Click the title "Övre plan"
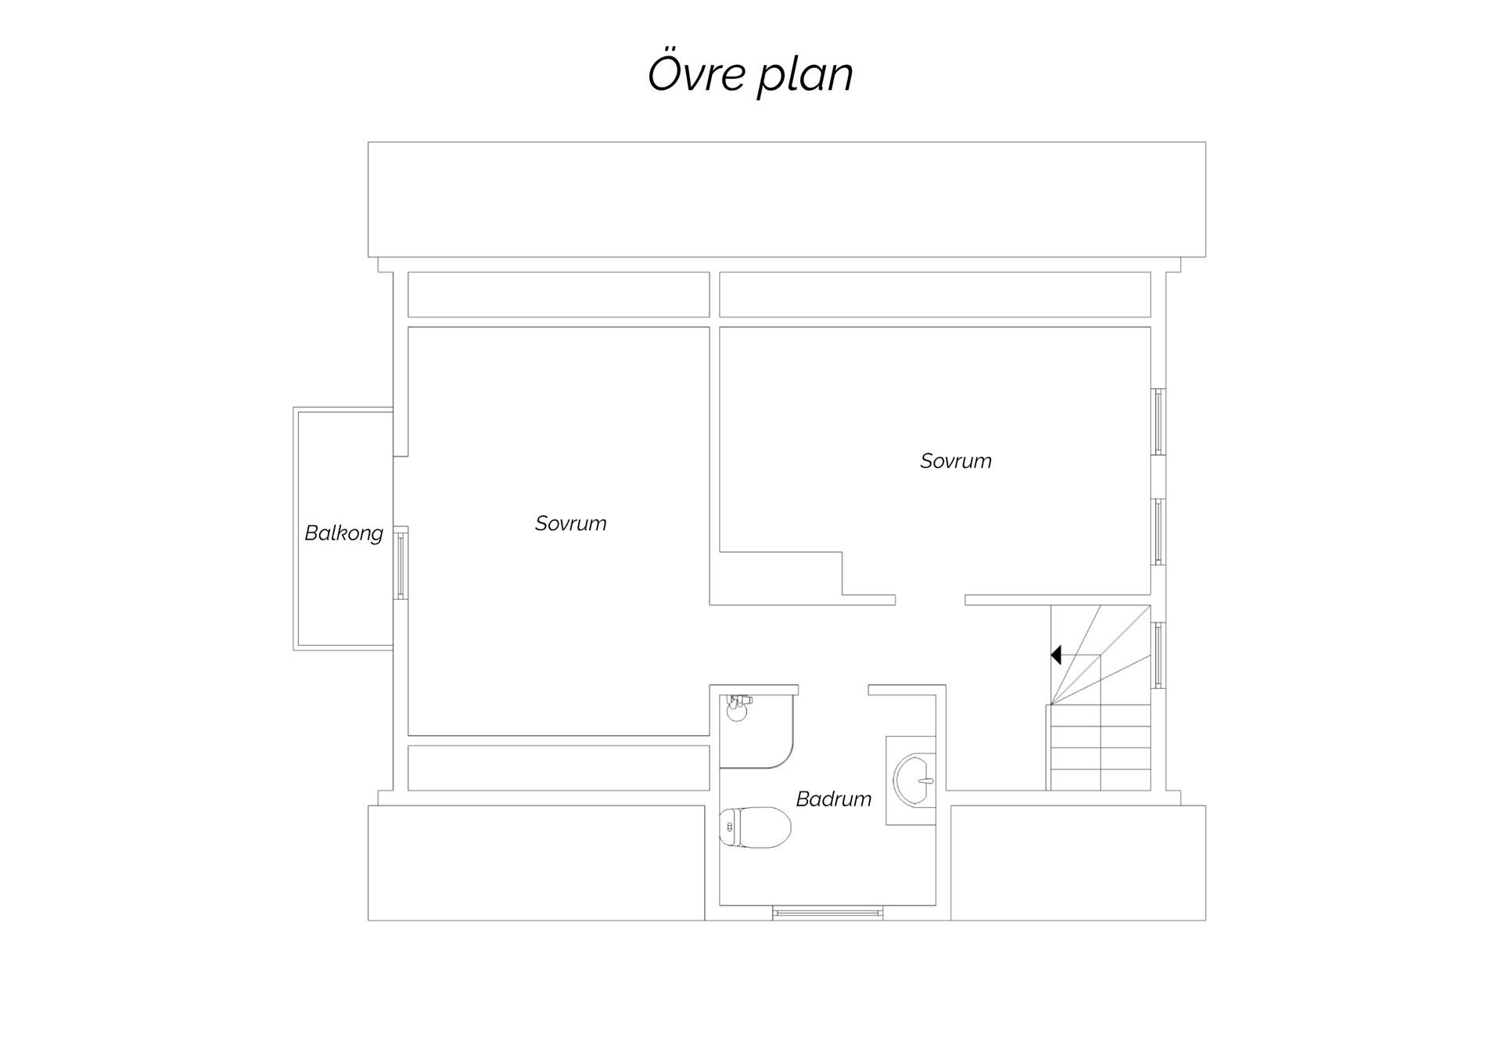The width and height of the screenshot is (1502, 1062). (750, 74)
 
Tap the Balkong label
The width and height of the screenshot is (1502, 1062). (343, 533)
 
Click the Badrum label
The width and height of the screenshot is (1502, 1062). (833, 799)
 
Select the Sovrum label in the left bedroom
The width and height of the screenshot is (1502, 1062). (570, 523)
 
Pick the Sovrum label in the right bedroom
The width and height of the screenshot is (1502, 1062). (955, 461)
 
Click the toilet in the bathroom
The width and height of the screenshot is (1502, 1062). (755, 827)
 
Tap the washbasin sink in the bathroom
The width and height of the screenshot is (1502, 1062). (914, 780)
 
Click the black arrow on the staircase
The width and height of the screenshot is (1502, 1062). (1055, 655)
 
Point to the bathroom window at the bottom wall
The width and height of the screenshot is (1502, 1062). (828, 912)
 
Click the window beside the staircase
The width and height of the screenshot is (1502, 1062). (1158, 655)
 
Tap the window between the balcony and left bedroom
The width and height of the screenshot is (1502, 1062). (401, 563)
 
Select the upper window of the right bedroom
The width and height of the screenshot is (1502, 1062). (1158, 422)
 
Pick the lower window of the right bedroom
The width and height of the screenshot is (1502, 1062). (1158, 532)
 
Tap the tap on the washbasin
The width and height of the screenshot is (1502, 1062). (927, 780)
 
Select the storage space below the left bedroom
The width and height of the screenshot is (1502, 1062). (559, 768)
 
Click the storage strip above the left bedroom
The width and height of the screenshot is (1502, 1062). (559, 295)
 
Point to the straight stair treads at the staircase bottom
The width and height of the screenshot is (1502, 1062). (1099, 748)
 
